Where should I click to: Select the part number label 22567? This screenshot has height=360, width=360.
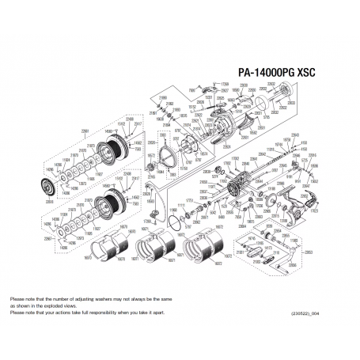click(x=47, y=238)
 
